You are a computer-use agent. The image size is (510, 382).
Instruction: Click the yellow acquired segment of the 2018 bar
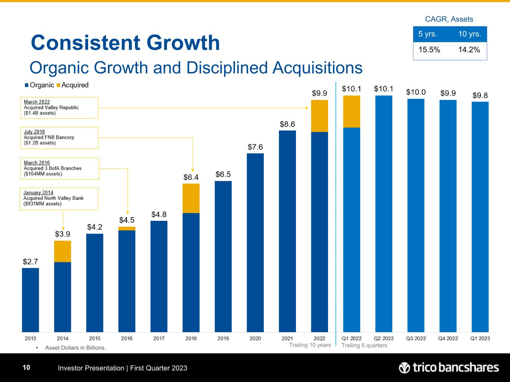[x=191, y=198]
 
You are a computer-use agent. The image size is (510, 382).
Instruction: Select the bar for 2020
[x=255, y=242]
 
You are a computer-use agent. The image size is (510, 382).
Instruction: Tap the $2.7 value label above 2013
[x=30, y=262]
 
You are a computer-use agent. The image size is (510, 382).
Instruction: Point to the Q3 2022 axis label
[x=416, y=338]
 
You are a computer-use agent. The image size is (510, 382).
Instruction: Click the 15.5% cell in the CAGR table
[x=429, y=50]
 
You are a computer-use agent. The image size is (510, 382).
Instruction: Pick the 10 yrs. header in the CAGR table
[x=469, y=34]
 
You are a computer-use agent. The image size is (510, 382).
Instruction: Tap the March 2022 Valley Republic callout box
[x=59, y=108]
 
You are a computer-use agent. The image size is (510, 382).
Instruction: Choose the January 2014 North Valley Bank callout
[x=59, y=198]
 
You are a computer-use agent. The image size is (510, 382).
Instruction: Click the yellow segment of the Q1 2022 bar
[x=352, y=112]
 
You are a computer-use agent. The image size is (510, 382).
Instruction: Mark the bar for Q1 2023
[x=480, y=217]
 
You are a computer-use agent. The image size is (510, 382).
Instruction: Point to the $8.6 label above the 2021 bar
[x=287, y=124]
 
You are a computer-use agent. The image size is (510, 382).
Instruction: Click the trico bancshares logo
[x=449, y=368]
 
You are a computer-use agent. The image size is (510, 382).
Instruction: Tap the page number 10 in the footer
[x=26, y=368]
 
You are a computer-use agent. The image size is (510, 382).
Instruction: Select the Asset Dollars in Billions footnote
[x=75, y=348]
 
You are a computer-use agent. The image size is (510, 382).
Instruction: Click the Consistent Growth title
[x=125, y=43]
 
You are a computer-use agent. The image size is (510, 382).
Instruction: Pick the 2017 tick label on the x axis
[x=159, y=338]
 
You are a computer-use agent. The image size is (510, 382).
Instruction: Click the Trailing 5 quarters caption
[x=364, y=345]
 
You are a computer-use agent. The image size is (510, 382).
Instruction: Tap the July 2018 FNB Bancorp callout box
[x=59, y=138]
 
